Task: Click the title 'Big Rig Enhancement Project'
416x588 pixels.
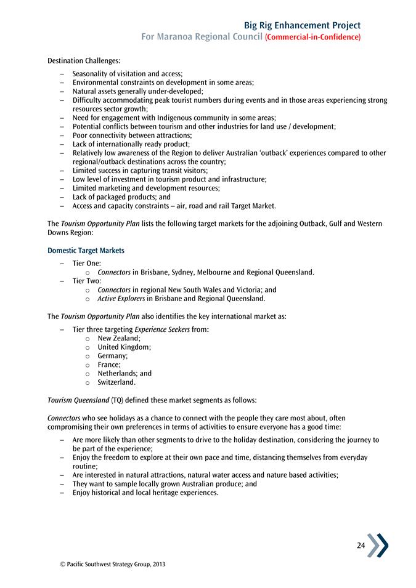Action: click(x=302, y=25)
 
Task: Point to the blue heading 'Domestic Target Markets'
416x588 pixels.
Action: click(x=85, y=251)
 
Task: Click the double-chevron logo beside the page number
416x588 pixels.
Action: click(x=378, y=545)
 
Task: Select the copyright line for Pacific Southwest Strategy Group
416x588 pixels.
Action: click(x=108, y=564)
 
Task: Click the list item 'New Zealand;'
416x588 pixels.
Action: click(x=119, y=338)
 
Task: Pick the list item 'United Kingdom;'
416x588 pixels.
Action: click(x=124, y=347)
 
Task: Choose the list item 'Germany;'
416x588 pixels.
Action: click(x=113, y=356)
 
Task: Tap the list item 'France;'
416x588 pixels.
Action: click(x=109, y=364)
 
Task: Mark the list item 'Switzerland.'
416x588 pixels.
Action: click(x=116, y=382)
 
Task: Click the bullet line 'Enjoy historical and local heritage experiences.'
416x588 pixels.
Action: click(x=145, y=493)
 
